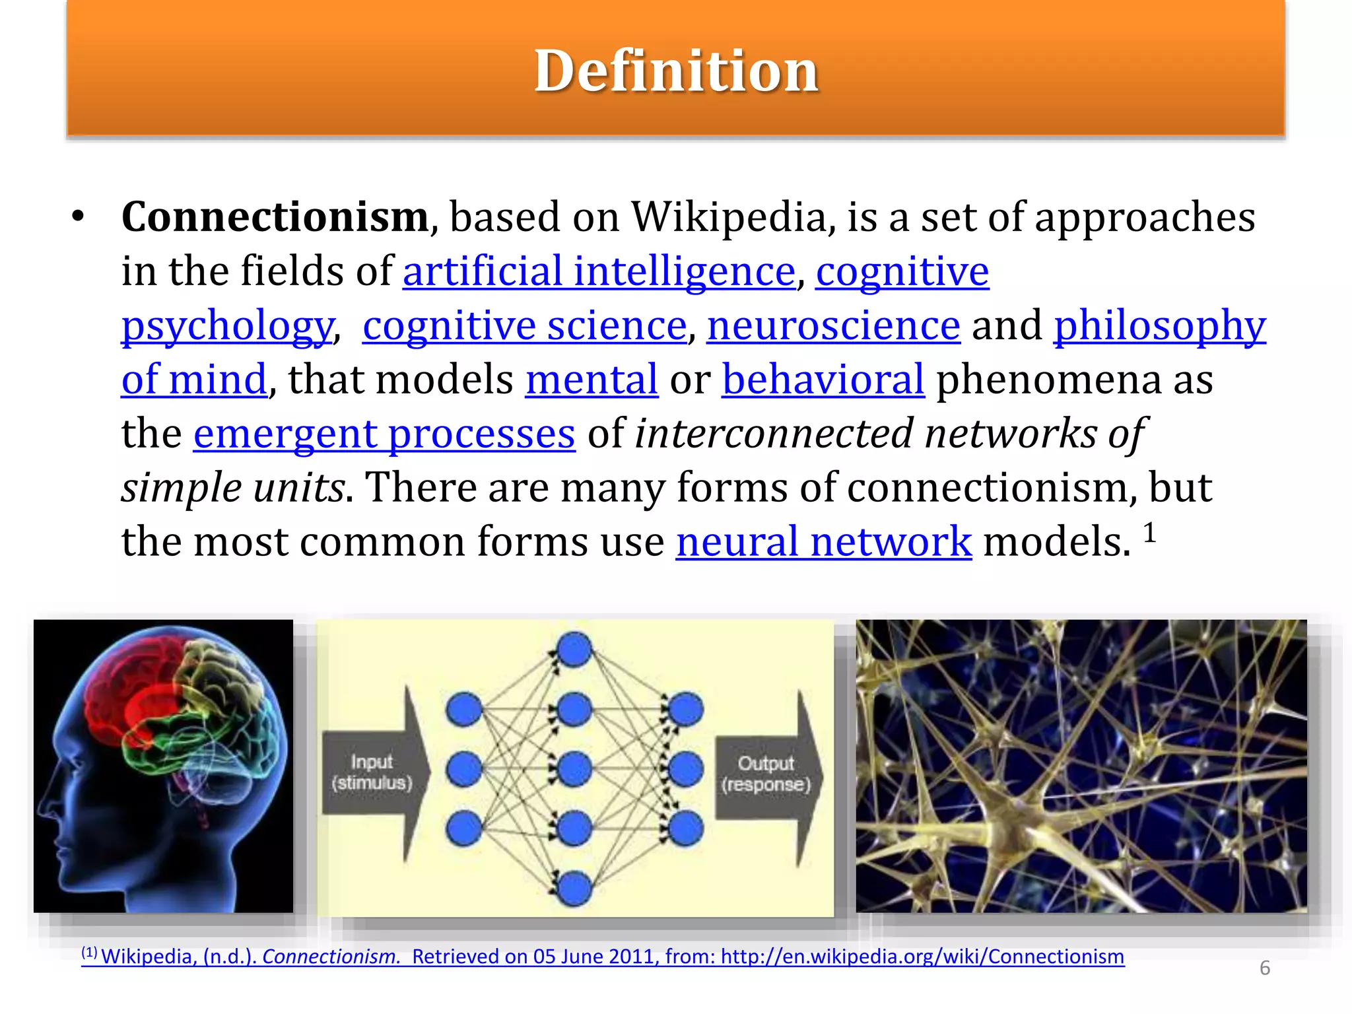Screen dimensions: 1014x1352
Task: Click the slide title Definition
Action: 676,71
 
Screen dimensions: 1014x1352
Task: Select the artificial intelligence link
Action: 599,271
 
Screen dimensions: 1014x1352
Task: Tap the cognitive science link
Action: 525,325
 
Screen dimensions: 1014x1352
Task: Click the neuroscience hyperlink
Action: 833,325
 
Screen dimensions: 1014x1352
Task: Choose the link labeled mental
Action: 591,380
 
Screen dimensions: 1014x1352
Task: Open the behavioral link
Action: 823,380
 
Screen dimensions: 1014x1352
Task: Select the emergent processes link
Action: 384,434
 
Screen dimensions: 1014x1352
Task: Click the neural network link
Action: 823,542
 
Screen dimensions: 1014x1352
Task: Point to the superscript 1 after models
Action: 1149,533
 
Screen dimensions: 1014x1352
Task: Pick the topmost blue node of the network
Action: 574,649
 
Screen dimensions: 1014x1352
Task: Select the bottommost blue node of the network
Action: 574,888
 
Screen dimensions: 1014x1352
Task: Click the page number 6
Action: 1265,968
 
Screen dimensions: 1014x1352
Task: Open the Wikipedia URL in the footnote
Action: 922,957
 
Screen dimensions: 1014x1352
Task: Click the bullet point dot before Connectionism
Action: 79,217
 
